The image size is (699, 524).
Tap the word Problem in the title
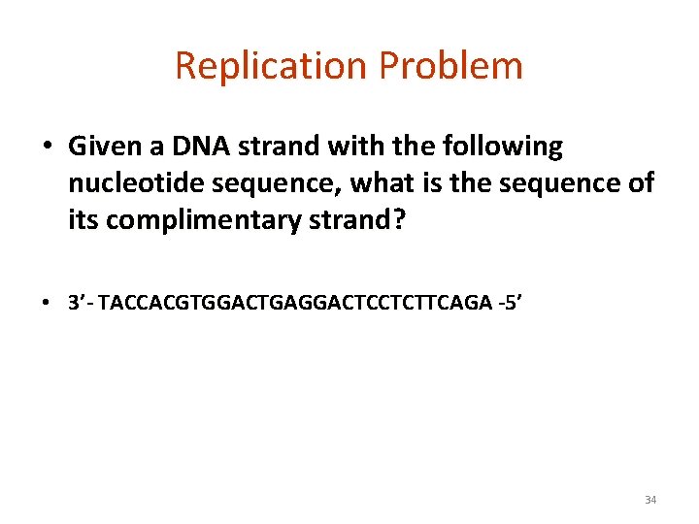(451, 66)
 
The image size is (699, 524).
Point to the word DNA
(188, 147)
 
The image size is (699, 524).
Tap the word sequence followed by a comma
(283, 184)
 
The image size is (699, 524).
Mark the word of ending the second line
(641, 183)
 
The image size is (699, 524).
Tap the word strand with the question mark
(357, 220)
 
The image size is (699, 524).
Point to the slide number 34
(650, 500)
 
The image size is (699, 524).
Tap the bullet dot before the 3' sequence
(47, 303)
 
